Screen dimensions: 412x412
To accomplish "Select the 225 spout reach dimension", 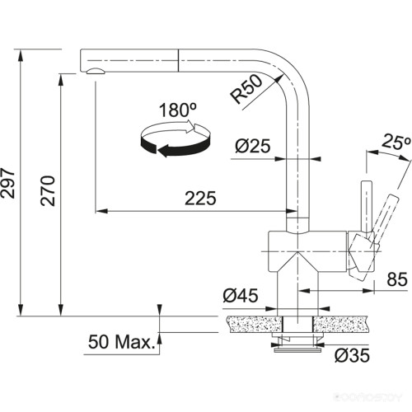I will [x=199, y=199].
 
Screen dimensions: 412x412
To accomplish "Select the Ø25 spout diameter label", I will [x=251, y=146].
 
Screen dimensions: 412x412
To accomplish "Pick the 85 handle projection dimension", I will [x=396, y=280].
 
